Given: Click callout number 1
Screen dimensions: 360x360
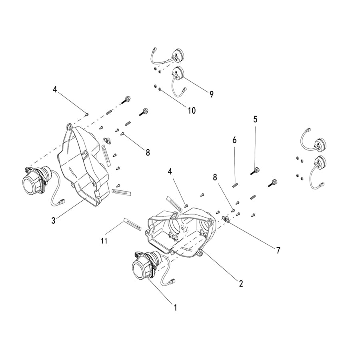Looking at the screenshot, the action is click(176, 308).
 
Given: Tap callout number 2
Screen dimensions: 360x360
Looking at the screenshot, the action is click(241, 284).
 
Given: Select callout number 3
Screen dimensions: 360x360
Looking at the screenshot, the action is click(53, 220).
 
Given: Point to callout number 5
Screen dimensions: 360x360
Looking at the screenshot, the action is click(255, 119).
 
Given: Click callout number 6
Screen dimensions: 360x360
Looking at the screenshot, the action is click(234, 140).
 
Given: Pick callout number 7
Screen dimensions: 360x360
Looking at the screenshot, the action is click(278, 250).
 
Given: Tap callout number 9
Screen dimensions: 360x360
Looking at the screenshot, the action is click(211, 94).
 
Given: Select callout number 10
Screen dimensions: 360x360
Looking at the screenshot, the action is click(192, 110).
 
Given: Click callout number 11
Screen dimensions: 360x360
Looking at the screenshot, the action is click(104, 241).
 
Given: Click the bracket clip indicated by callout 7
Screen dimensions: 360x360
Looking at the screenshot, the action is click(226, 219).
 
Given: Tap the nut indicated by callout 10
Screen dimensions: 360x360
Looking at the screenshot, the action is click(160, 89).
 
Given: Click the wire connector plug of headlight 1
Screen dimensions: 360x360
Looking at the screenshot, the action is click(172, 281).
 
